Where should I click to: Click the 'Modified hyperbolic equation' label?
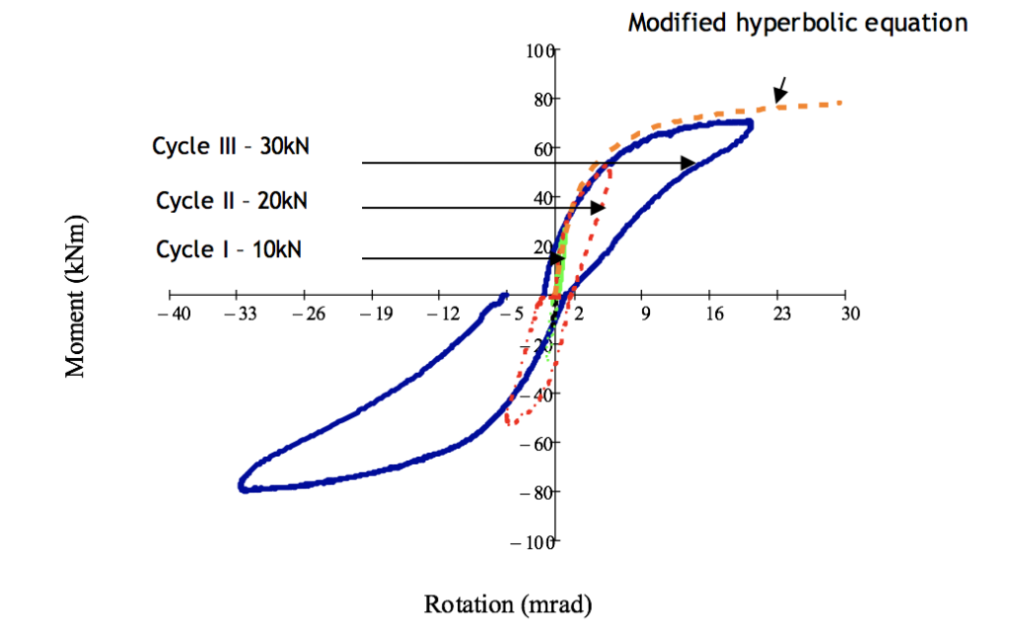[797, 23]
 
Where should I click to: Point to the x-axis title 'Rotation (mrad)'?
[507, 604]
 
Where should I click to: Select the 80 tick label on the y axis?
[540, 99]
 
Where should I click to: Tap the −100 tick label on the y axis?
[530, 542]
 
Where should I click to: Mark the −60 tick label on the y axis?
[534, 443]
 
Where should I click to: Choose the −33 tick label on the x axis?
[237, 316]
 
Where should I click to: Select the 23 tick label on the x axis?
[782, 315]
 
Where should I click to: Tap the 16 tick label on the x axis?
[714, 315]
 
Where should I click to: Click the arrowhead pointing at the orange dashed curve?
[779, 97]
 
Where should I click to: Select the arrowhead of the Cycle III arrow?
[690, 163]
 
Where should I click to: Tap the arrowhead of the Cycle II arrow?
[599, 208]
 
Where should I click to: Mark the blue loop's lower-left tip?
[242, 486]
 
